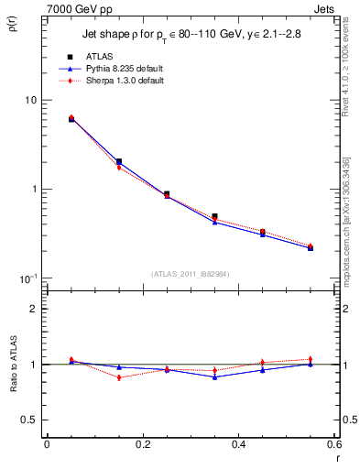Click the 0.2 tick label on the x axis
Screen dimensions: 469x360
click(142, 444)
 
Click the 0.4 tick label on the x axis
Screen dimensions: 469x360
click(238, 444)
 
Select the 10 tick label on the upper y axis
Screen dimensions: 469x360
click(30, 100)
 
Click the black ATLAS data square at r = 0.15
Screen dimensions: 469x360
click(119, 161)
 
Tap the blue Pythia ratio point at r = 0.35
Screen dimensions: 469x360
click(214, 376)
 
